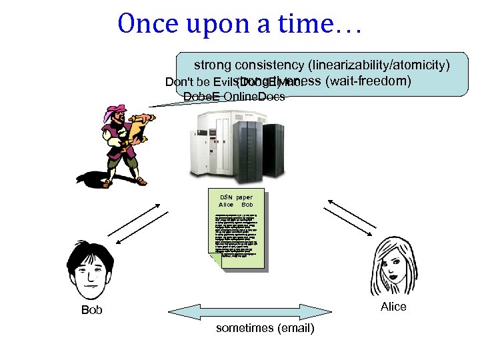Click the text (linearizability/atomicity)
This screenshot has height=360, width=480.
point(378,65)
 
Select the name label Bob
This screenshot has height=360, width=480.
point(91,310)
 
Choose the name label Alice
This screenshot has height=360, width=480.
point(393,307)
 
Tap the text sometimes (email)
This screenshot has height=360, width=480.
point(265,329)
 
